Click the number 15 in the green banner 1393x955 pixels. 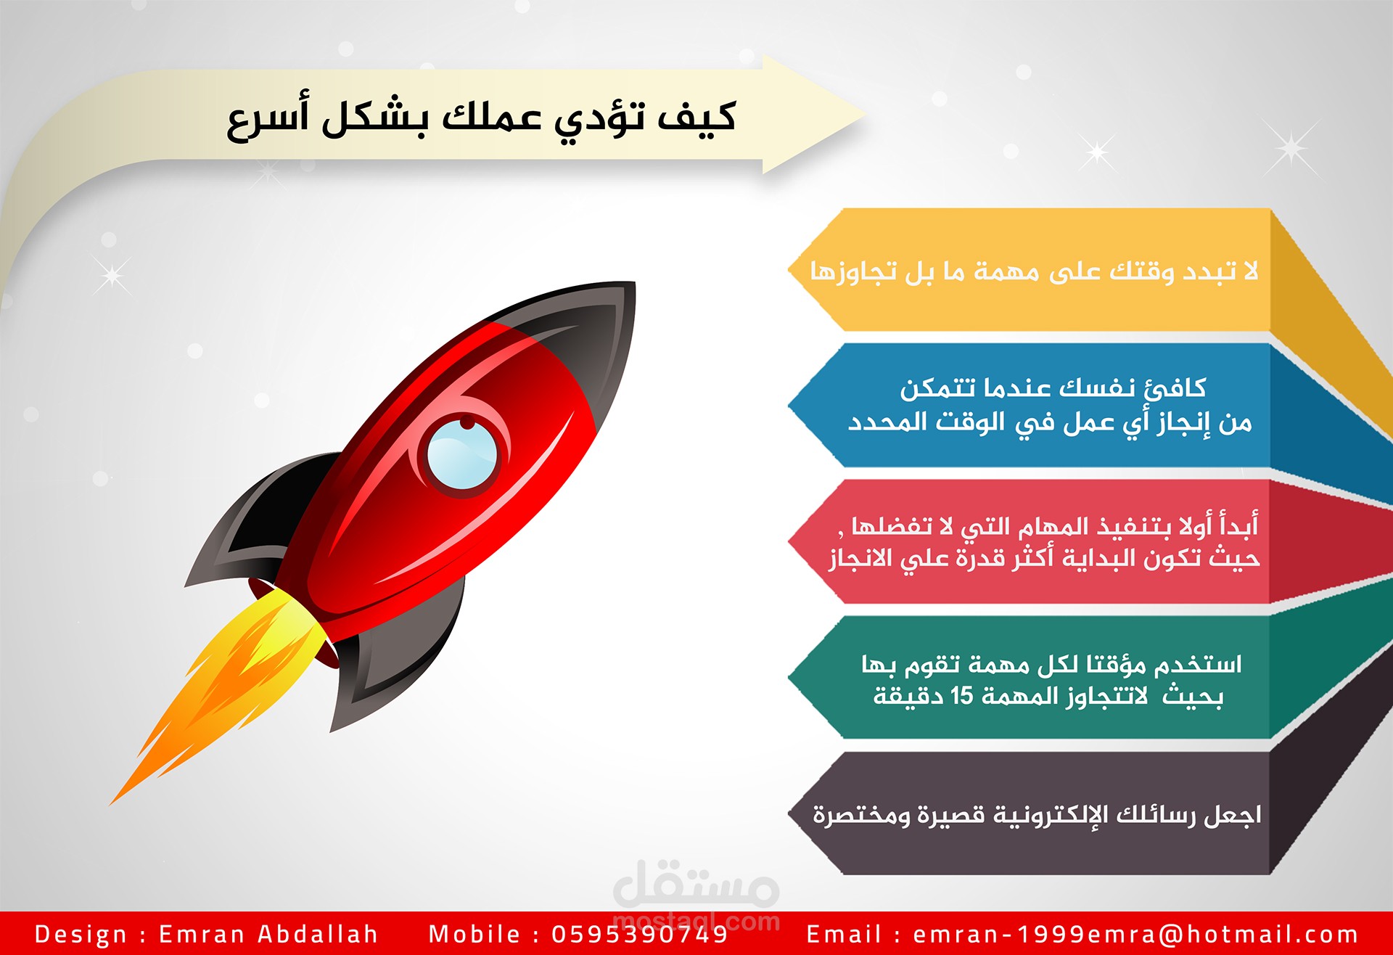click(961, 696)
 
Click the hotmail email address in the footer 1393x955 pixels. click(1135, 934)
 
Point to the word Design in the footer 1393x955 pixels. click(81, 934)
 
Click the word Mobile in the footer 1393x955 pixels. click(474, 934)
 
